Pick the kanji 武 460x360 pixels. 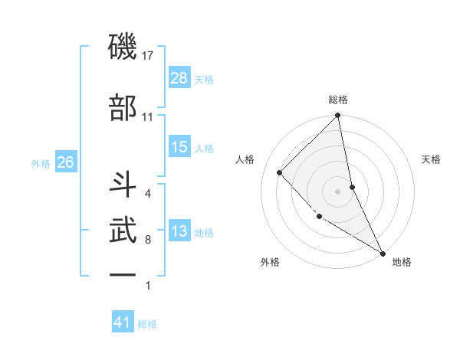point(123,229)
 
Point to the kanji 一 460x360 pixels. point(123,273)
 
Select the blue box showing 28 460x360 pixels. point(179,78)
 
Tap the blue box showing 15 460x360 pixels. point(179,148)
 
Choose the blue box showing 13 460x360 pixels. point(179,232)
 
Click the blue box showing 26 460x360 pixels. point(65,162)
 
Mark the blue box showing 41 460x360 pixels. point(123,323)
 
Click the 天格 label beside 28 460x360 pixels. point(204,79)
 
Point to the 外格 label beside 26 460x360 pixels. point(41,163)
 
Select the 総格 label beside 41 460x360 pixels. point(147,324)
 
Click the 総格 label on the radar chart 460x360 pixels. point(338,100)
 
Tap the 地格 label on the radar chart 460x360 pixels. point(402,262)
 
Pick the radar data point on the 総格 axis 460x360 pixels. point(338,116)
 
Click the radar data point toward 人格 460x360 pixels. point(280,172)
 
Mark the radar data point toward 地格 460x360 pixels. point(383,252)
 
